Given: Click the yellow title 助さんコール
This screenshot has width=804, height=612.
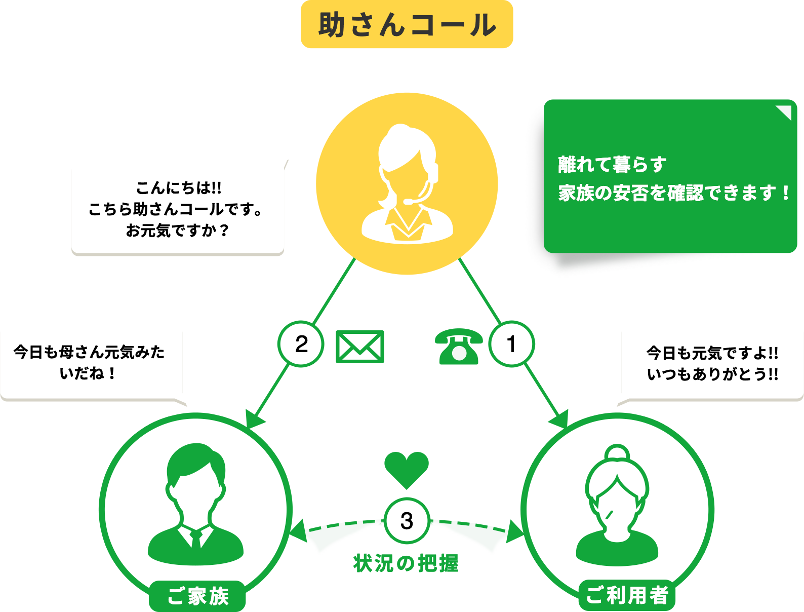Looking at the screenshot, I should tap(407, 25).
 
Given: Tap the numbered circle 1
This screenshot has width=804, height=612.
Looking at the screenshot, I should tap(511, 345).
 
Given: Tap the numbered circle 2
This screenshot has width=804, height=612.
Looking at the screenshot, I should tap(301, 345).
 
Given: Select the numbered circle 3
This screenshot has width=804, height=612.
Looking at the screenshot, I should tap(407, 521).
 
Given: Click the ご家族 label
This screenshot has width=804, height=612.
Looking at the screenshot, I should tap(197, 596).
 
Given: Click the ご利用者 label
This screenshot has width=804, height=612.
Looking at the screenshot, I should tap(627, 595).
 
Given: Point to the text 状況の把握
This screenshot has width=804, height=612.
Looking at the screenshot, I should tap(407, 563).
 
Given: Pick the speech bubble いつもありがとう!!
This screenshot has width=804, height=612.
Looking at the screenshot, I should tap(712, 364).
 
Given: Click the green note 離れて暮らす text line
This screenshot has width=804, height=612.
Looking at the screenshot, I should tap(612, 165).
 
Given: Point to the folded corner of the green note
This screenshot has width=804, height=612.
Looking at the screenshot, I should tap(784, 112).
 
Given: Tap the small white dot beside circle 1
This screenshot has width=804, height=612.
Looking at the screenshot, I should tap(459, 353).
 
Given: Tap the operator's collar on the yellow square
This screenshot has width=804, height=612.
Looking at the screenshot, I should tap(407, 223).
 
